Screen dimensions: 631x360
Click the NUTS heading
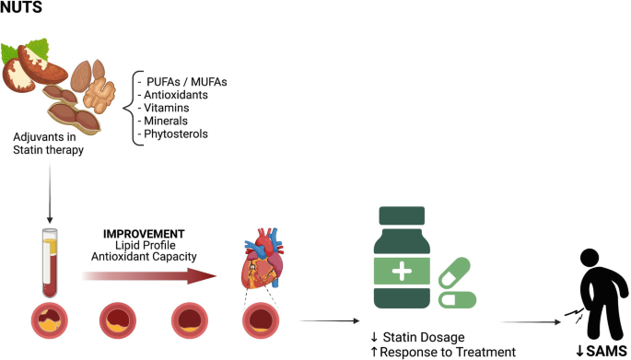tap(21, 6)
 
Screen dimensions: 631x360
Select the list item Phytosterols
tap(176, 134)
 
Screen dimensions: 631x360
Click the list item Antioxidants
tap(176, 95)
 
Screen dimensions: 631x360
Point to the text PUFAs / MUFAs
tap(187, 82)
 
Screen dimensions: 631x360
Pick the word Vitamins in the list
tap(166, 108)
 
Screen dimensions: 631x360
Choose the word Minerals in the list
tap(166, 121)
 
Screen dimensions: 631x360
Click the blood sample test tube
tap(50, 263)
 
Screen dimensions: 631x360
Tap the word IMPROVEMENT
tap(144, 234)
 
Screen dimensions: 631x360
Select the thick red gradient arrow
tap(149, 276)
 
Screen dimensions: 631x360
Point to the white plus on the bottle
tap(402, 272)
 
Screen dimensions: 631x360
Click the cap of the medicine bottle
tap(402, 215)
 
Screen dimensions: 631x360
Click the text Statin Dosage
tap(424, 337)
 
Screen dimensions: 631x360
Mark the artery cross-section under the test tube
tap(50, 320)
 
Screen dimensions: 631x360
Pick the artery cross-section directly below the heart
tap(261, 320)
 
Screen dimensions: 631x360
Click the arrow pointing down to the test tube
tap(50, 193)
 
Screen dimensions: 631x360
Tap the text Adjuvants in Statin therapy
tap(48, 144)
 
